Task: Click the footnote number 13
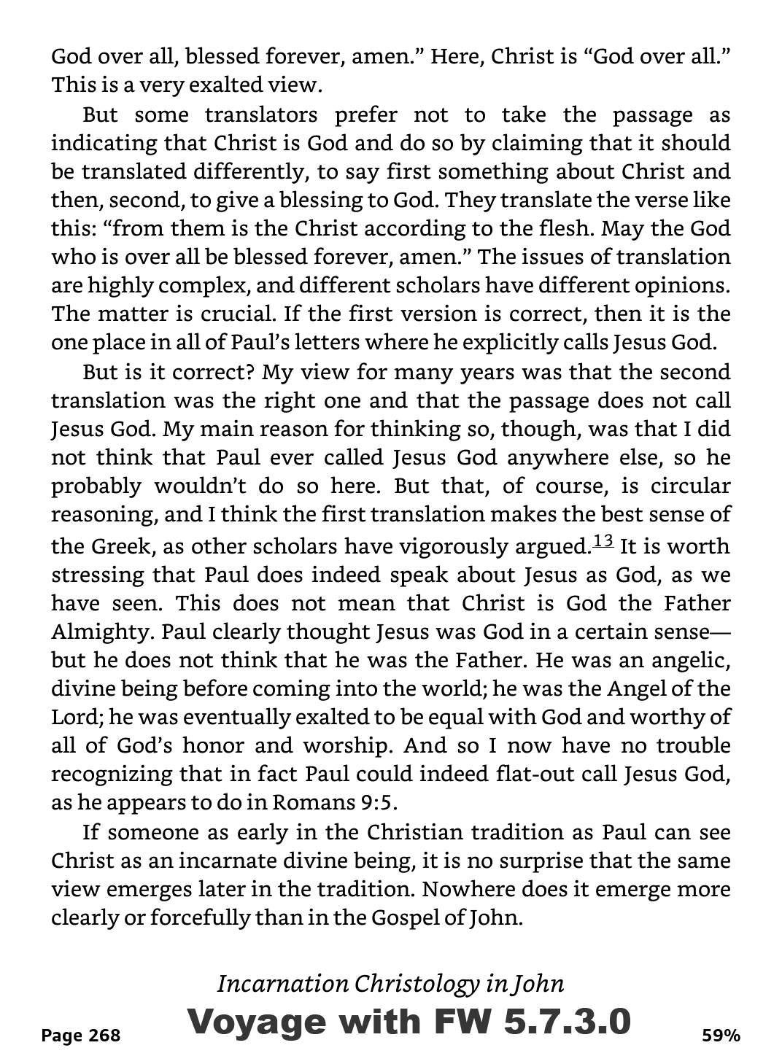[604, 541]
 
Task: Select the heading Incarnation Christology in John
[390, 984]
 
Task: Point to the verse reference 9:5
[379, 802]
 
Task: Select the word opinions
[678, 286]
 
